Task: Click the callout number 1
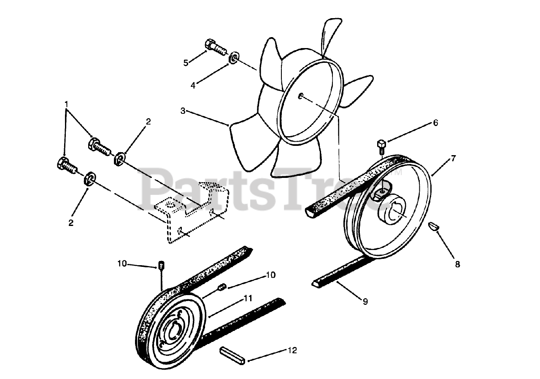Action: [66, 103]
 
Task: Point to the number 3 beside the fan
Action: [182, 111]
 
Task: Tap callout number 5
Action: [186, 63]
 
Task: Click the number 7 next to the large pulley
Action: [453, 159]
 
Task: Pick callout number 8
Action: [457, 264]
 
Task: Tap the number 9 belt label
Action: [365, 301]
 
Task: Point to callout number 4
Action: [193, 85]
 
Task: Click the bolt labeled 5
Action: [215, 47]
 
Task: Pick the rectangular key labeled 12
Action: [232, 355]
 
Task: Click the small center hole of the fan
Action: [300, 97]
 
